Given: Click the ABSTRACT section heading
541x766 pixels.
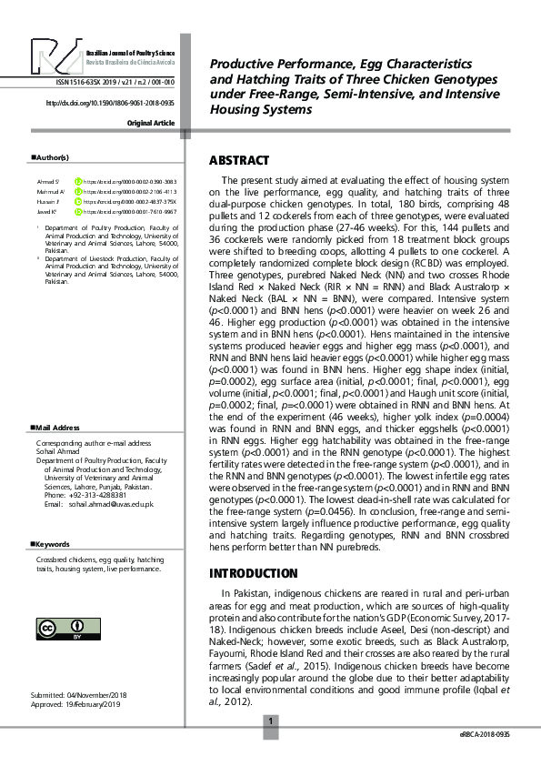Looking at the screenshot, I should [x=239, y=161].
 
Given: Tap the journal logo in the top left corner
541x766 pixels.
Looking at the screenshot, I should [x=55, y=57].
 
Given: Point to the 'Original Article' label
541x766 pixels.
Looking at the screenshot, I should [x=151, y=122].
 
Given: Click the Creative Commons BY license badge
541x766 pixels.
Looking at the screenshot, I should [x=62, y=630].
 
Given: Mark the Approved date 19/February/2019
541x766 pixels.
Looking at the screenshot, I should [x=75, y=705].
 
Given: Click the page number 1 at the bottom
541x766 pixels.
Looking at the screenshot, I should [x=270, y=722].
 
